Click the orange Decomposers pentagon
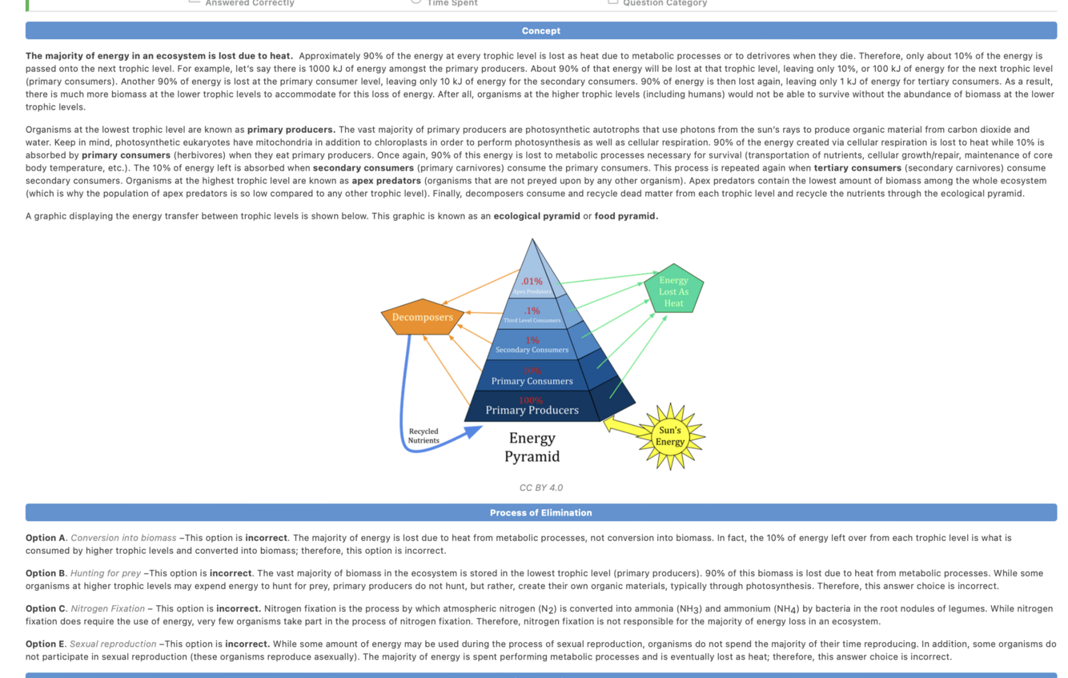coord(422,317)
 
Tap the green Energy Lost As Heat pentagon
coord(673,291)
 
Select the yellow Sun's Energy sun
coord(669,436)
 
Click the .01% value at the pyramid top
coord(532,281)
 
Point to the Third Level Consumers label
coord(532,320)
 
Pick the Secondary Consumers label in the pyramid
coord(532,350)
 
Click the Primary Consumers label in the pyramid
coord(532,381)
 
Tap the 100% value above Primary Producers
coord(531,400)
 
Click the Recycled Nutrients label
coord(424,436)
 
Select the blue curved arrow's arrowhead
coord(473,432)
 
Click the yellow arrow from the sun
coord(620,425)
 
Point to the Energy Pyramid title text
coord(532,447)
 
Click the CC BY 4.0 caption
coord(540,487)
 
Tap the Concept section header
coord(540,30)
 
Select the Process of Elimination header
coord(540,512)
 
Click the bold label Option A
coord(46,538)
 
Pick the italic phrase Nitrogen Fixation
coord(107,608)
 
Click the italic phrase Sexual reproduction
coord(113,644)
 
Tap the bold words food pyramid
coord(625,216)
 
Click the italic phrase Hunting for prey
coord(105,573)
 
